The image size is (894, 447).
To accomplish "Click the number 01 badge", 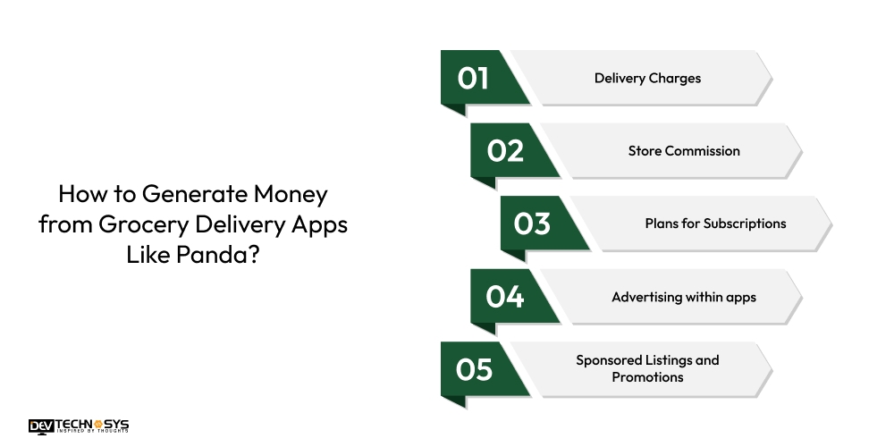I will pos(474,79).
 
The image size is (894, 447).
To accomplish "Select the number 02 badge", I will pos(505,151).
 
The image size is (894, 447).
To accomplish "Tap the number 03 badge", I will pos(533,223).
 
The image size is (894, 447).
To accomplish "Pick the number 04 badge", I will pos(505,297).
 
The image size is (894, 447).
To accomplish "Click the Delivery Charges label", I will pos(647,79).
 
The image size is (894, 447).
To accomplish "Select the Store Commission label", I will pos(684,151).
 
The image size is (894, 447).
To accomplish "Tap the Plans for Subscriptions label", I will pos(715,223).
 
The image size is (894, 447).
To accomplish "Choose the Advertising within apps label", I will pos(684,297).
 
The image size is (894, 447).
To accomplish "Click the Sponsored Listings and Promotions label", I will pos(647,368).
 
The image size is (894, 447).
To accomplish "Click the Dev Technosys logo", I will pos(79,426).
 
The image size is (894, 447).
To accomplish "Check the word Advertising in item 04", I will pos(646,297).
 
